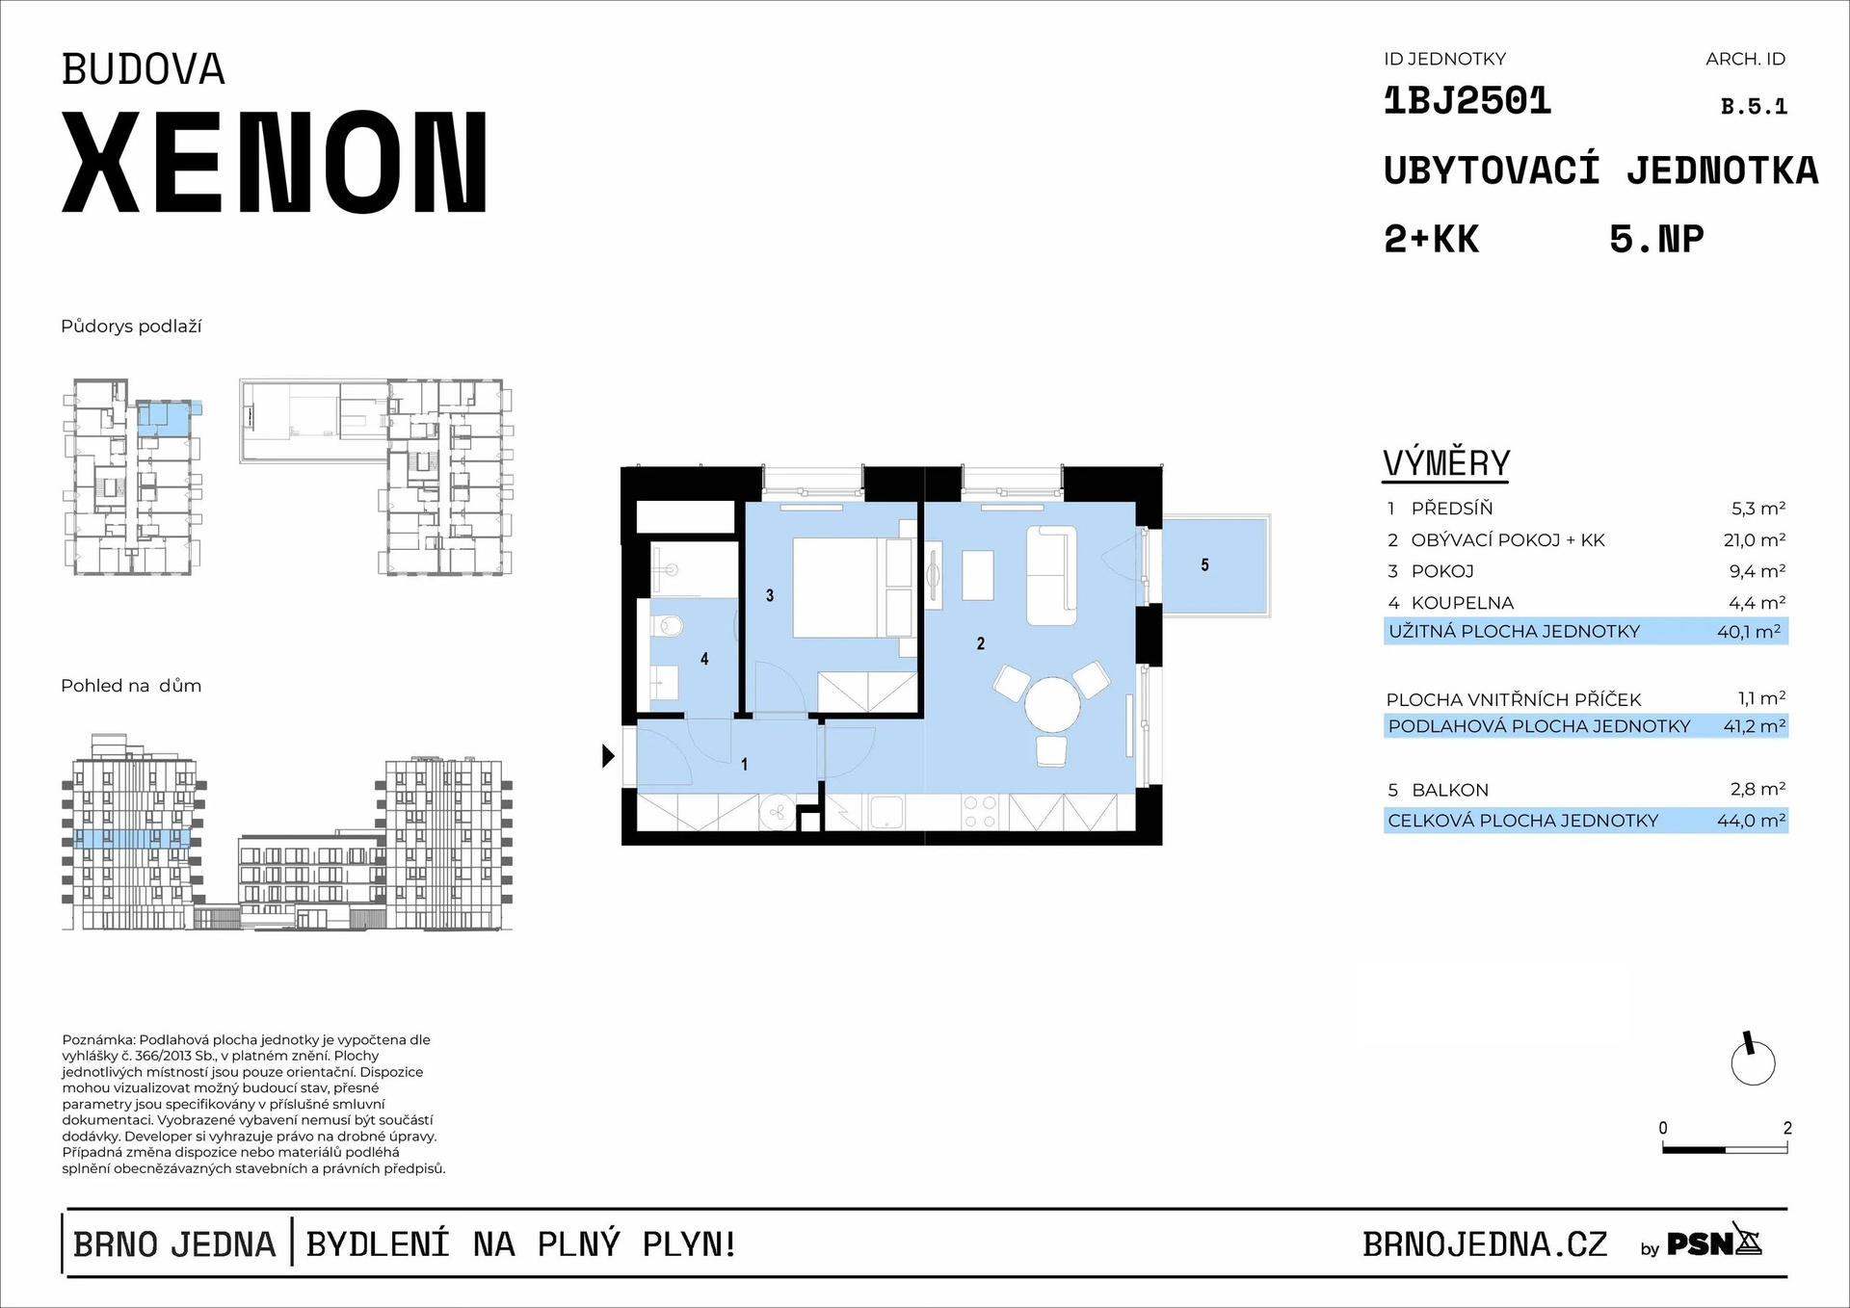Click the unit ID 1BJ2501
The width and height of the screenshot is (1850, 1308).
[x=1467, y=101]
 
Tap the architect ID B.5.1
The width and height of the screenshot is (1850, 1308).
[x=1754, y=107]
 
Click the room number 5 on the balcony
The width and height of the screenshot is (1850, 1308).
[x=1204, y=565]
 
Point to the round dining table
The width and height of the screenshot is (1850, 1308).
[x=1052, y=704]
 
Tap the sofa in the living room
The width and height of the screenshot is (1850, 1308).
[x=1051, y=575]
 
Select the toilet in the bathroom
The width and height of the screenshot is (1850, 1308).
[x=667, y=627]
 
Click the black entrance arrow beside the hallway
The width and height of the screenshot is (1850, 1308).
[x=608, y=756]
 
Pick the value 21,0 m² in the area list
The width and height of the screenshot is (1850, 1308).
[x=1754, y=540]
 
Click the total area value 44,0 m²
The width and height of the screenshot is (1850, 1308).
[x=1751, y=821]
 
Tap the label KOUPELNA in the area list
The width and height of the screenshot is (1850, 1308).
[x=1462, y=603]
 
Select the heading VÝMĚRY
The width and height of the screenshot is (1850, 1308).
[x=1446, y=463]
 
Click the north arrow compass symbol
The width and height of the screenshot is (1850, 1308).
[x=1753, y=1061]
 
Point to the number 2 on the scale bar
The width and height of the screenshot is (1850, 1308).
[x=1787, y=1128]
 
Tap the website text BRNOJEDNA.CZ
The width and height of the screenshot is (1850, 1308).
[x=1485, y=1244]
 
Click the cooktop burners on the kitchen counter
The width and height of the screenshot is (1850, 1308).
[x=980, y=812]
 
